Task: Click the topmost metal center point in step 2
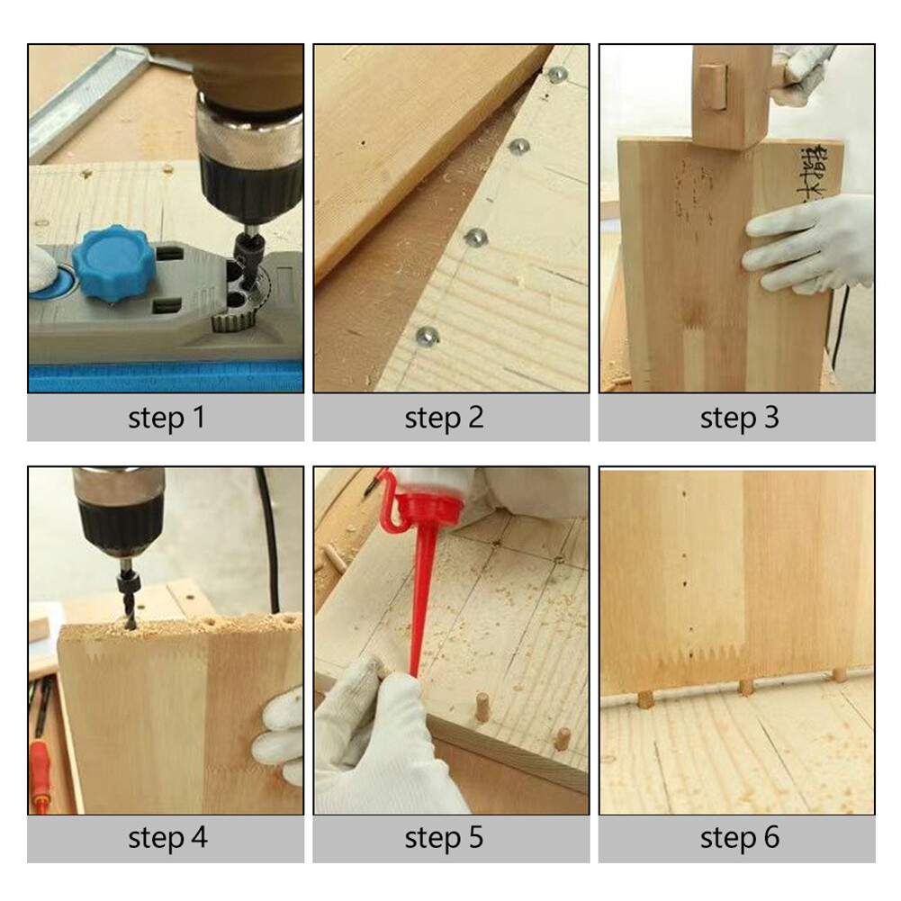(x=558, y=74)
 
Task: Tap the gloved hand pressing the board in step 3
(x=808, y=243)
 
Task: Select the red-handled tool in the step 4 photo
(x=41, y=765)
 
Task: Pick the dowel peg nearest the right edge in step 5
(x=563, y=738)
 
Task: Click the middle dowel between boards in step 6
(x=746, y=688)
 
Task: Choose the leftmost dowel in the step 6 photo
(x=644, y=698)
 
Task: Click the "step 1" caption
(x=166, y=418)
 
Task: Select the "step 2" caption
(x=451, y=418)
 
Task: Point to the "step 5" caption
(x=451, y=838)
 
